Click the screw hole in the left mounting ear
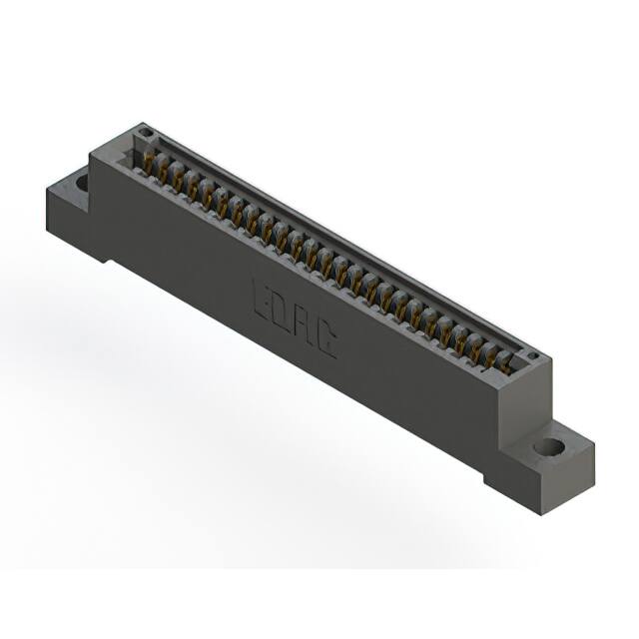80,182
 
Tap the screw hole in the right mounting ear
547,446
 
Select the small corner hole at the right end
533,356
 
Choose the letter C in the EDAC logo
324,341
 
